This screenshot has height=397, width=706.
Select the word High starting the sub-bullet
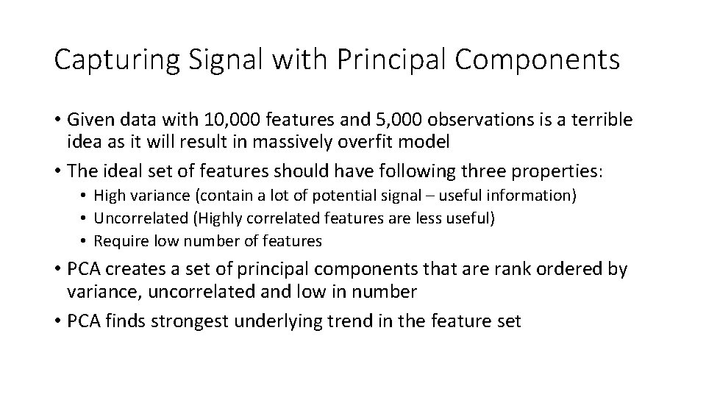[109, 196]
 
